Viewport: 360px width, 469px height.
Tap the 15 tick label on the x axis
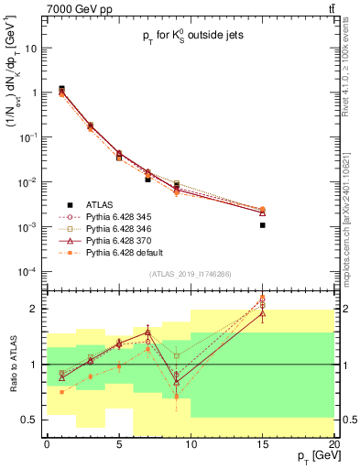[262, 443]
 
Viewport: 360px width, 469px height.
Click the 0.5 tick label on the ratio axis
[29, 420]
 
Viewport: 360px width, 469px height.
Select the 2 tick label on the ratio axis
[34, 309]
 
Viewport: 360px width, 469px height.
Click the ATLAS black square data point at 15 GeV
[262, 224]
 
